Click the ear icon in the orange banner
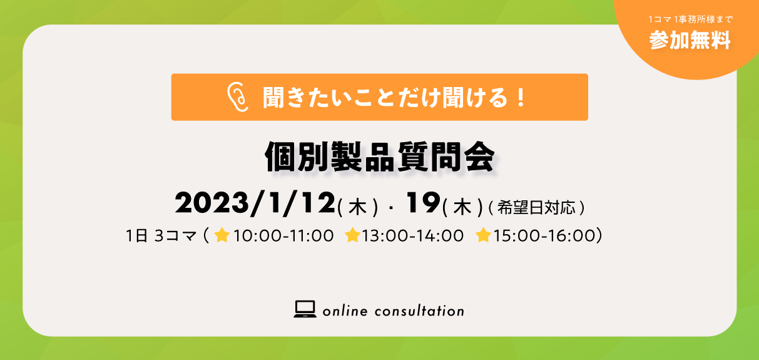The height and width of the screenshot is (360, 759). coord(238,97)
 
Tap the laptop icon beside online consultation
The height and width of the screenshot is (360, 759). coord(305,309)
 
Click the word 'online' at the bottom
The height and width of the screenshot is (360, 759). coord(345,311)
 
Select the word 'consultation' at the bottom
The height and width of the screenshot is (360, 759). coord(419,311)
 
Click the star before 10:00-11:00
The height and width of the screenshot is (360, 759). coord(222,235)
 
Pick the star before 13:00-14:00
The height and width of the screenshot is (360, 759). coord(352,235)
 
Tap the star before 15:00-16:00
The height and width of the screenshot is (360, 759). coord(484,235)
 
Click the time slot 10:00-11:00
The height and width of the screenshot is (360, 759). coord(283,235)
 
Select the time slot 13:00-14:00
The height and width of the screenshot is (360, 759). coord(413,235)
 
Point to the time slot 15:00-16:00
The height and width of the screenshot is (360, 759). coord(544,235)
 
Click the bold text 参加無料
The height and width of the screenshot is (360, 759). coord(690,40)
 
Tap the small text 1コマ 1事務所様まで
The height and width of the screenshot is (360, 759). coord(690,19)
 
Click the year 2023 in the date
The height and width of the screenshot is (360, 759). coord(211,203)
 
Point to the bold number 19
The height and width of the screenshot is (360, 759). coord(423,202)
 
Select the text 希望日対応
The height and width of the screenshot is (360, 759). coord(536,207)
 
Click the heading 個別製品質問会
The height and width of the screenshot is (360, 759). coord(380,157)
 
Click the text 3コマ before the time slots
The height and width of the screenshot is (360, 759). coord(176,235)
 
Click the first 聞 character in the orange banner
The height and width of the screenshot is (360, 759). coord(273,98)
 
